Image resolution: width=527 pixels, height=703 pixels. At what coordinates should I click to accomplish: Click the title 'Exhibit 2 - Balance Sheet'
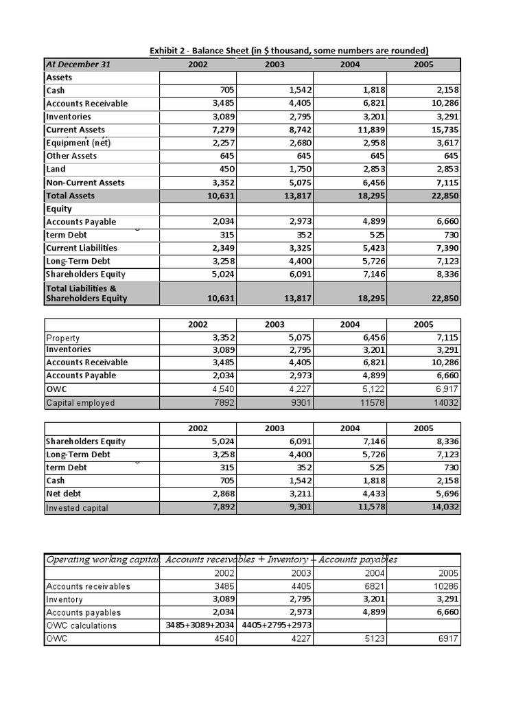point(289,50)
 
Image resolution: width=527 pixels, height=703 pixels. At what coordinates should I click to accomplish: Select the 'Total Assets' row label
point(71,196)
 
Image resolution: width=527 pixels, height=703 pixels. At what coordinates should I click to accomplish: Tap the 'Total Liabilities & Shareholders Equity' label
point(86,293)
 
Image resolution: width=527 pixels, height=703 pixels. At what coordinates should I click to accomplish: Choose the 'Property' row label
point(63,338)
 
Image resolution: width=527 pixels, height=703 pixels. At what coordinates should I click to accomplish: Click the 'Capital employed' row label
point(80,403)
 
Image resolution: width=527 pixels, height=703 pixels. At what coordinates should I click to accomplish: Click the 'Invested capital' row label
point(78,508)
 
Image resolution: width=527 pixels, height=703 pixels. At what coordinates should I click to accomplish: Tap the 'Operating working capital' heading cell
point(102,560)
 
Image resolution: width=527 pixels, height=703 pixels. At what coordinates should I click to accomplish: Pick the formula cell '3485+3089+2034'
point(197,625)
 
